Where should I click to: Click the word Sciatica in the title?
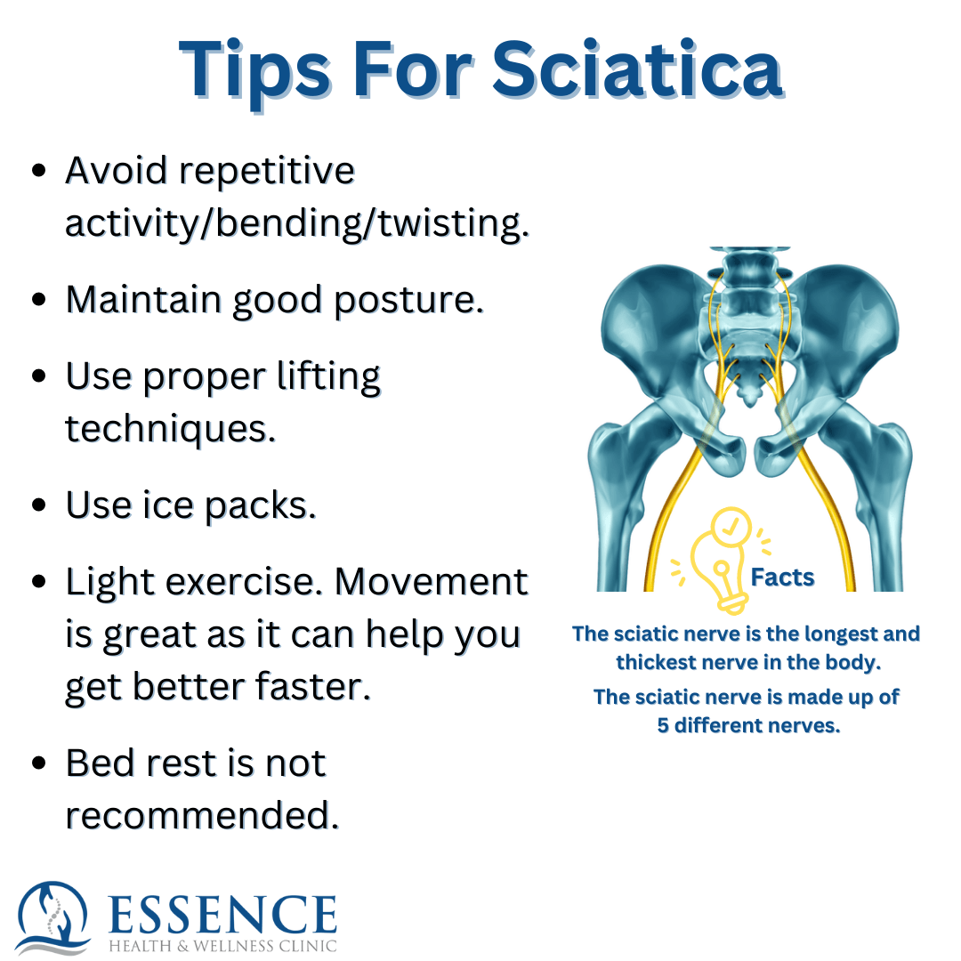tap(637, 69)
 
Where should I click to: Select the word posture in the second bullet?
tap(408, 302)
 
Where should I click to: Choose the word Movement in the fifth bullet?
tap(432, 582)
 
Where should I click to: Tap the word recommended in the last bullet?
tap(202, 816)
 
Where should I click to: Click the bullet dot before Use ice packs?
tap(39, 505)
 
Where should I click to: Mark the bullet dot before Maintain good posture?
tap(39, 300)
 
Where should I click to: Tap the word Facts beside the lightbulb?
tap(783, 577)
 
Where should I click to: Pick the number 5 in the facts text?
tap(663, 726)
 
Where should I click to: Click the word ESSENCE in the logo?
tap(222, 914)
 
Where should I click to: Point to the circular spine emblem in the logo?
tap(53, 917)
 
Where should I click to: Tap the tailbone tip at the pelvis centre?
tap(750, 403)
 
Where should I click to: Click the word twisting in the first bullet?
tap(452, 223)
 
